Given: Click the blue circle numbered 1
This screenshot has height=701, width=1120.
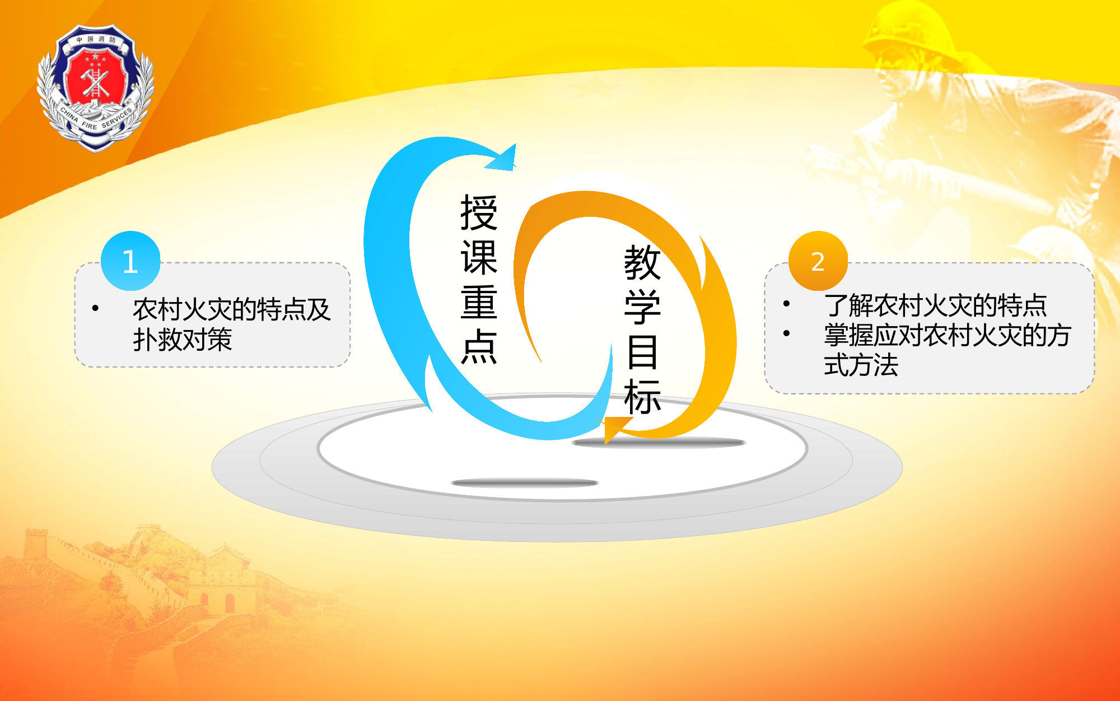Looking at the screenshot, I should (x=130, y=261).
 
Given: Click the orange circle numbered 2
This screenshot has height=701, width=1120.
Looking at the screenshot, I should (x=818, y=261).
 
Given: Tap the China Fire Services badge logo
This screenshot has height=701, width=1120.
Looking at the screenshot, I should (x=95, y=87).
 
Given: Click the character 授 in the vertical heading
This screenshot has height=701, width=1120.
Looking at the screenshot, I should (x=479, y=213).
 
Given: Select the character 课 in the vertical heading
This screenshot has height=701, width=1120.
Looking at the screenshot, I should (x=479, y=258).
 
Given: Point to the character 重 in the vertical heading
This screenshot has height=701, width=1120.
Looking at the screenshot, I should (x=479, y=303).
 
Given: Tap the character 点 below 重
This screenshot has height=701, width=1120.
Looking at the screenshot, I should (x=479, y=346).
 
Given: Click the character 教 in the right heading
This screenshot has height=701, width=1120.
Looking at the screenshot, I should (x=642, y=262).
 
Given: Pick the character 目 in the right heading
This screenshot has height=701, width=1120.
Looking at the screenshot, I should (x=642, y=352).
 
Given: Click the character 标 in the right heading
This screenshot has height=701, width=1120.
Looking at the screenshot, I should (x=642, y=397).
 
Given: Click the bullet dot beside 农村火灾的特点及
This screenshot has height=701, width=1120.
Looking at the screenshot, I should (x=95, y=308).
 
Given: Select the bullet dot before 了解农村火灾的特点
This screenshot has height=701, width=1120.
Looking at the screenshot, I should (x=786, y=304).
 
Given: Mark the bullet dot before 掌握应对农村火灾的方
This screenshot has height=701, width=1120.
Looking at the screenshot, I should (x=786, y=333).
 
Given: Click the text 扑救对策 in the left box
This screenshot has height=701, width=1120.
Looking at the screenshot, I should (x=183, y=340).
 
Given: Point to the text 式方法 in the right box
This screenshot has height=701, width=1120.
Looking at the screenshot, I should (x=861, y=365).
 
